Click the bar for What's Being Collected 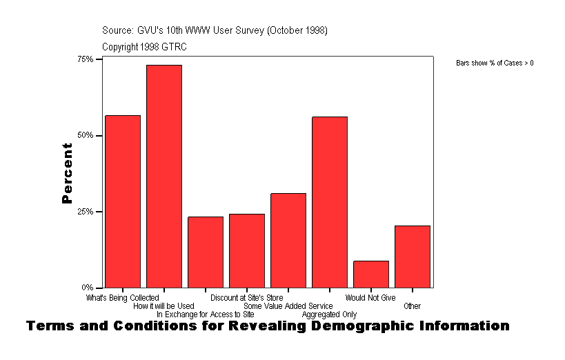[123, 201]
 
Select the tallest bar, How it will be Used [164, 177]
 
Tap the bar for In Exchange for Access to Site [206, 252]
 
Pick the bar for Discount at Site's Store [247, 251]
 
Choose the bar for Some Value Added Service [288, 241]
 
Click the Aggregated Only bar [330, 202]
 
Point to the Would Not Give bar [371, 274]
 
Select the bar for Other [413, 257]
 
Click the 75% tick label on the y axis [85, 59]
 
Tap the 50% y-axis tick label [85, 135]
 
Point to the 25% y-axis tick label [85, 211]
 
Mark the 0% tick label [88, 287]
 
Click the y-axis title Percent [67, 173]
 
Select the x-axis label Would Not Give [370, 298]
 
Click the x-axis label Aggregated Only [329, 314]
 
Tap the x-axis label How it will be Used [163, 306]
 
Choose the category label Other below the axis [413, 306]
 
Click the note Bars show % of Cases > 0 [495, 63]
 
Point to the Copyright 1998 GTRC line [144, 47]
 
